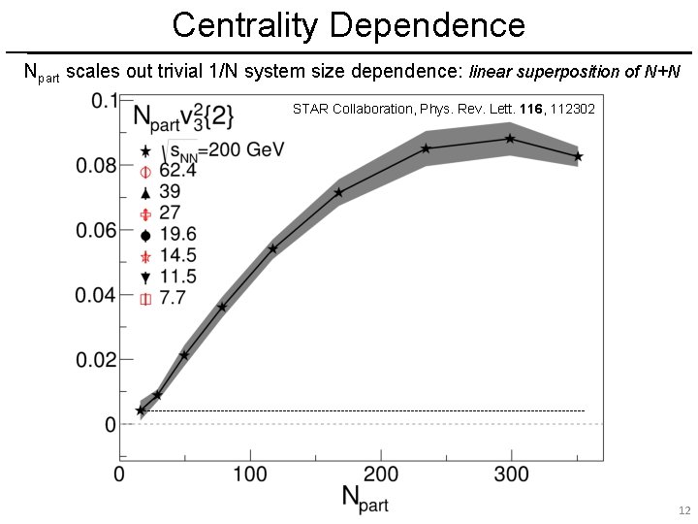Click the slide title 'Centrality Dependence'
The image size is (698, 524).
(x=349, y=24)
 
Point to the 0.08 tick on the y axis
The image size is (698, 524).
(x=97, y=165)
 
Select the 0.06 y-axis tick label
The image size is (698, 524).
(x=97, y=230)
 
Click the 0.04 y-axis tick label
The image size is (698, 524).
(x=97, y=295)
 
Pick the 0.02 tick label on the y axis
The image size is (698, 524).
(x=97, y=360)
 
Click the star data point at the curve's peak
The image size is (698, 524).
(x=510, y=139)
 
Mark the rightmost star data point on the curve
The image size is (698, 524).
(x=578, y=156)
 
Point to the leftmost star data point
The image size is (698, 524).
(x=141, y=410)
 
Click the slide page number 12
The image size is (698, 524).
(x=682, y=510)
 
